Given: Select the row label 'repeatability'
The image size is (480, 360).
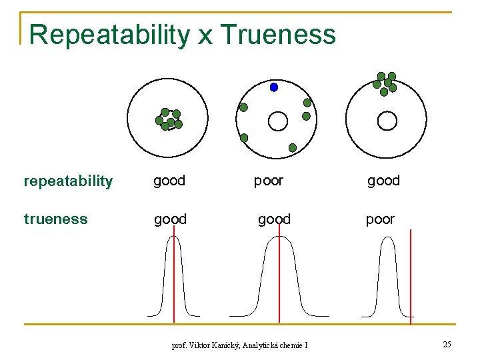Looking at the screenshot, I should coord(68,181).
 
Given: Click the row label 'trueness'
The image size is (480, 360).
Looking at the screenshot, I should coord(55,219).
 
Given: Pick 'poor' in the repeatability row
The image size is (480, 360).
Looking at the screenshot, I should coord(269,181).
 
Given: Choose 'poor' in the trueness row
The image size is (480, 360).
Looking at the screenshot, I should coord(380,219).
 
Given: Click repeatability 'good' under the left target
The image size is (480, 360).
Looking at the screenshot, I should coord(169,181).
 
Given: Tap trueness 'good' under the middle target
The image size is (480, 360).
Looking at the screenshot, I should coord(274,219).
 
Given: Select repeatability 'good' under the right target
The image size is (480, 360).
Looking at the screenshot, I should coord(383,181).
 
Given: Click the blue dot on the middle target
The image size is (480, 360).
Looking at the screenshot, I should coord(273,87).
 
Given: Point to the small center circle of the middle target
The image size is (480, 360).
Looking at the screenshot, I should coord(277,121).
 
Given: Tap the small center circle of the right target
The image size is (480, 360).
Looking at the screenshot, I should coord(387,121).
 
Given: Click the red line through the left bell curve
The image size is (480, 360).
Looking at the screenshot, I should coord(174,280).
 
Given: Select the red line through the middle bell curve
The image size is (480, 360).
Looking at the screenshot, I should coord(279,280).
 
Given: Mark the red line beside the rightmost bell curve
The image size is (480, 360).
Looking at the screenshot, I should coord(411,280).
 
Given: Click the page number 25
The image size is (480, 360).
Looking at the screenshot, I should coord(447,344).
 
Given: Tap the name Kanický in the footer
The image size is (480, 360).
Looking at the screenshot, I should coord(223,345).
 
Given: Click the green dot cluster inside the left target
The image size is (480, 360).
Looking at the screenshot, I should coord(169,119).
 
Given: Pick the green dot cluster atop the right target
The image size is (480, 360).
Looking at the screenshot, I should coord(385,83).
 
